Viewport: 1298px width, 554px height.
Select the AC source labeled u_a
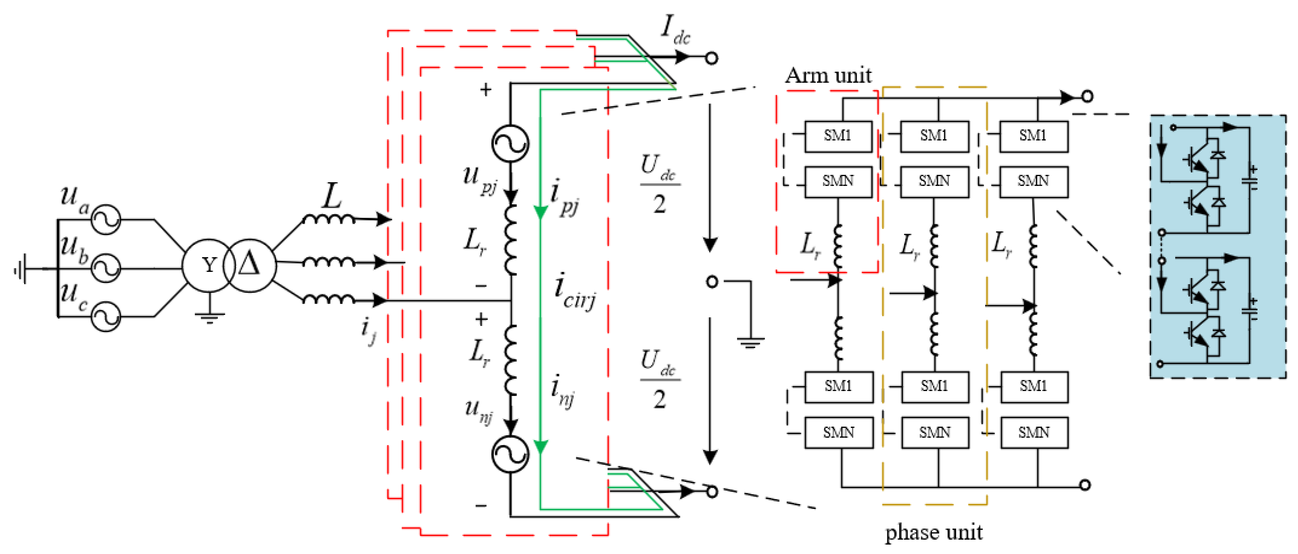pos(106,219)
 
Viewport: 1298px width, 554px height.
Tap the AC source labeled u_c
pos(106,317)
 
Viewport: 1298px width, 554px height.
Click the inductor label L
pos(332,197)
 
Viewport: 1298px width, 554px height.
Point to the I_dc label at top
pos(675,30)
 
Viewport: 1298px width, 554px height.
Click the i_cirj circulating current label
pos(574,291)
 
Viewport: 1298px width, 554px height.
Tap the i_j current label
pos(369,330)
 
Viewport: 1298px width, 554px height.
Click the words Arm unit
pos(828,76)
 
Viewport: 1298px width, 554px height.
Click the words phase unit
pos(933,532)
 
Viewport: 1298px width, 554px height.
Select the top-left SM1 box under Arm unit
pos(838,136)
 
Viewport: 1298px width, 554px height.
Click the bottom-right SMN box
pos(1034,432)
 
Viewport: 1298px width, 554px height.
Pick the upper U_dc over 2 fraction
pos(660,184)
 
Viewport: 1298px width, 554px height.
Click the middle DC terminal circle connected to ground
pos(712,282)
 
